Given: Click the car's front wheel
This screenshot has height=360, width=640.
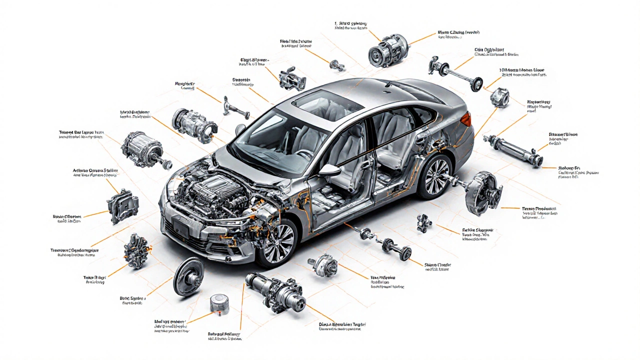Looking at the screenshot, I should [x=276, y=242].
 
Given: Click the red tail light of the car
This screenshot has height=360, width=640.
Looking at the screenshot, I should [x=465, y=119].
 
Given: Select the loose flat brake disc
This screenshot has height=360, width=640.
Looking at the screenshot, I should [x=188, y=276].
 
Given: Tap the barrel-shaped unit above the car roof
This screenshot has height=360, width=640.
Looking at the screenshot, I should [x=387, y=50].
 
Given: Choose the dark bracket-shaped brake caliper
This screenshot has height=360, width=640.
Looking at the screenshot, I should [x=122, y=205].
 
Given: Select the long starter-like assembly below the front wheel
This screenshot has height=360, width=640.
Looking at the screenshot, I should [x=275, y=292].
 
